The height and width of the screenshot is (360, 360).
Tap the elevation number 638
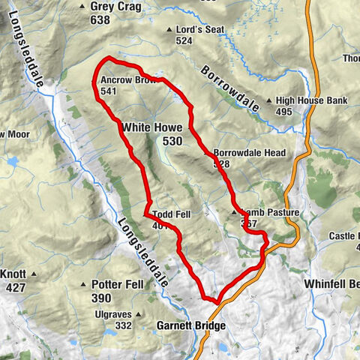click(100, 19)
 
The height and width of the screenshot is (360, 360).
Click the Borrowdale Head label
click(249, 152)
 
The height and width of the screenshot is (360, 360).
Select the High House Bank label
click(311, 100)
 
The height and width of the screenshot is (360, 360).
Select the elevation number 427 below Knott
click(16, 286)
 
